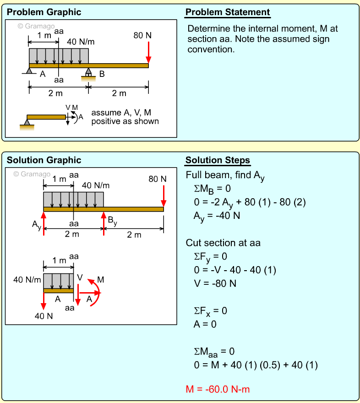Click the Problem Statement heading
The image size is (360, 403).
(227, 12)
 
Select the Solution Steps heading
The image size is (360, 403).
(218, 160)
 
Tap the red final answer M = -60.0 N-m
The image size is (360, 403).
(218, 389)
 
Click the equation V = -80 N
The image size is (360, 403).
(215, 283)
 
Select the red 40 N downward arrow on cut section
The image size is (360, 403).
(44, 301)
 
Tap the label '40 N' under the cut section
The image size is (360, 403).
(44, 316)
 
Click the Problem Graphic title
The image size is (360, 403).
(44, 12)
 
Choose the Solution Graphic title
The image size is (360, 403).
(44, 160)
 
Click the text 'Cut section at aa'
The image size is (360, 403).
(223, 243)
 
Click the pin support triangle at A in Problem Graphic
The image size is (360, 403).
(29, 71)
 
